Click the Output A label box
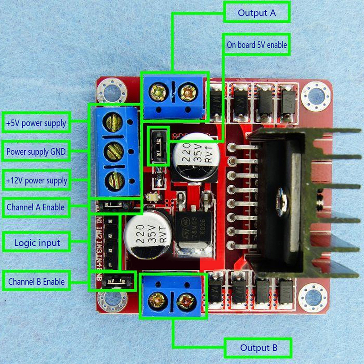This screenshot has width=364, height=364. click(257, 13)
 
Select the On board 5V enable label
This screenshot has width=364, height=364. click(257, 45)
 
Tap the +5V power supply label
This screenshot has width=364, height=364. click(36, 122)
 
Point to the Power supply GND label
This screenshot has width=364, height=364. click(36, 152)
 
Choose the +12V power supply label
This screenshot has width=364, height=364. click(36, 181)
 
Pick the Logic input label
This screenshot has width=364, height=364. click(37, 243)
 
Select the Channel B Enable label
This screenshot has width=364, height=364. click(36, 282)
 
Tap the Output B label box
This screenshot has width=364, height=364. click(258, 349)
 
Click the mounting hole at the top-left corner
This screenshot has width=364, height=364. click(111, 91)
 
